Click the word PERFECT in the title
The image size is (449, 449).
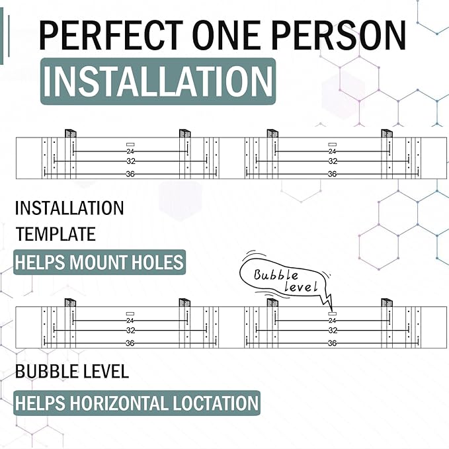(111, 35)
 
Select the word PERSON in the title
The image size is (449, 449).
(339, 35)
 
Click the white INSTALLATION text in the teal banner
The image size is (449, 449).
(158, 81)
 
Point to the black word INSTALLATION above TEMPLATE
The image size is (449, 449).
(69, 208)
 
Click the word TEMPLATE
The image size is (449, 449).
(56, 234)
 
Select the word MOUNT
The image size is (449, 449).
(99, 262)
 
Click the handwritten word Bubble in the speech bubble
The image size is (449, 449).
(276, 275)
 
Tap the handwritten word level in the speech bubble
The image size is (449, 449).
(301, 286)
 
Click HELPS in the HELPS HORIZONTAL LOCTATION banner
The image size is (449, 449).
(40, 403)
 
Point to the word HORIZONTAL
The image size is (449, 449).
(119, 403)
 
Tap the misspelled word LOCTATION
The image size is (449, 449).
(216, 403)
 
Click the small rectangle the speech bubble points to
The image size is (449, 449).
(333, 314)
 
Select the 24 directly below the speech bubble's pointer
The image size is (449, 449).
(332, 321)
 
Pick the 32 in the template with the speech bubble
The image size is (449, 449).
(333, 331)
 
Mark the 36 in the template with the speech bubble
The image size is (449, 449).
(332, 343)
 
